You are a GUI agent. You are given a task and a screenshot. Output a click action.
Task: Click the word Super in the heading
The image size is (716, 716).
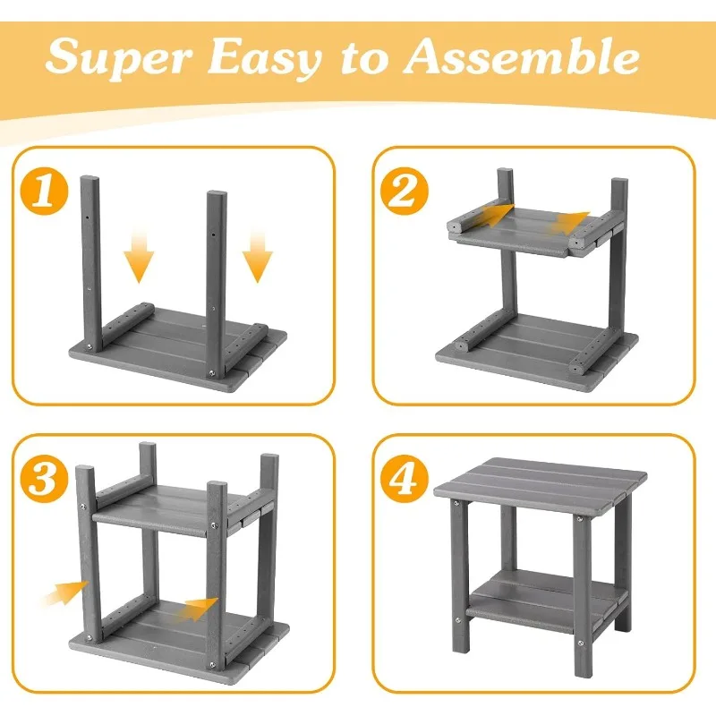point(118,57)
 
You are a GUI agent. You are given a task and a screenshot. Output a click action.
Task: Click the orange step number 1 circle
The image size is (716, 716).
point(44,192)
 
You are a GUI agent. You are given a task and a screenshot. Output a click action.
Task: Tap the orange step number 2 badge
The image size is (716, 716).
point(405,192)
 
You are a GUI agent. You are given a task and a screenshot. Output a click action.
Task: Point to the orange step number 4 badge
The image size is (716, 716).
point(405,479)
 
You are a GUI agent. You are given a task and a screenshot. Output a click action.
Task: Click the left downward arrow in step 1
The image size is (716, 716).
point(139,257)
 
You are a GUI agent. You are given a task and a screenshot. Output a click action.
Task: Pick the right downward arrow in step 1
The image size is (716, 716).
point(258,257)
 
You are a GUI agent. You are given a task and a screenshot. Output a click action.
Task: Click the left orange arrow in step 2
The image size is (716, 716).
point(490,215)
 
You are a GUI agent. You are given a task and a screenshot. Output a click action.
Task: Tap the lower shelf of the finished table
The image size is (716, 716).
point(547,598)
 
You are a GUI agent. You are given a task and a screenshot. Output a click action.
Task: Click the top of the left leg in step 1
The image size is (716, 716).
point(89,178)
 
